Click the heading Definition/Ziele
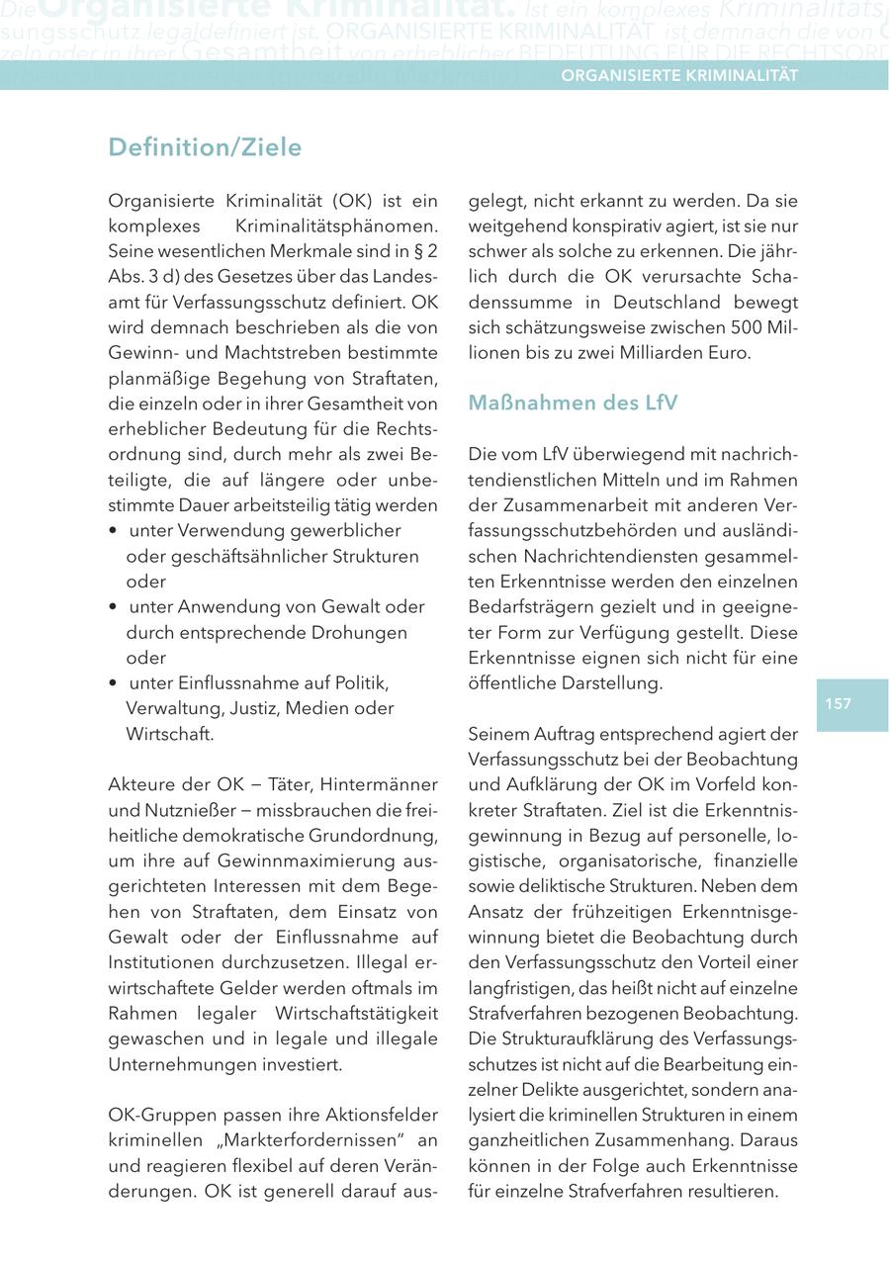[205, 147]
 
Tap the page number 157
[838, 704]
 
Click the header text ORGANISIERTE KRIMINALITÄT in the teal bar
[679, 75]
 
